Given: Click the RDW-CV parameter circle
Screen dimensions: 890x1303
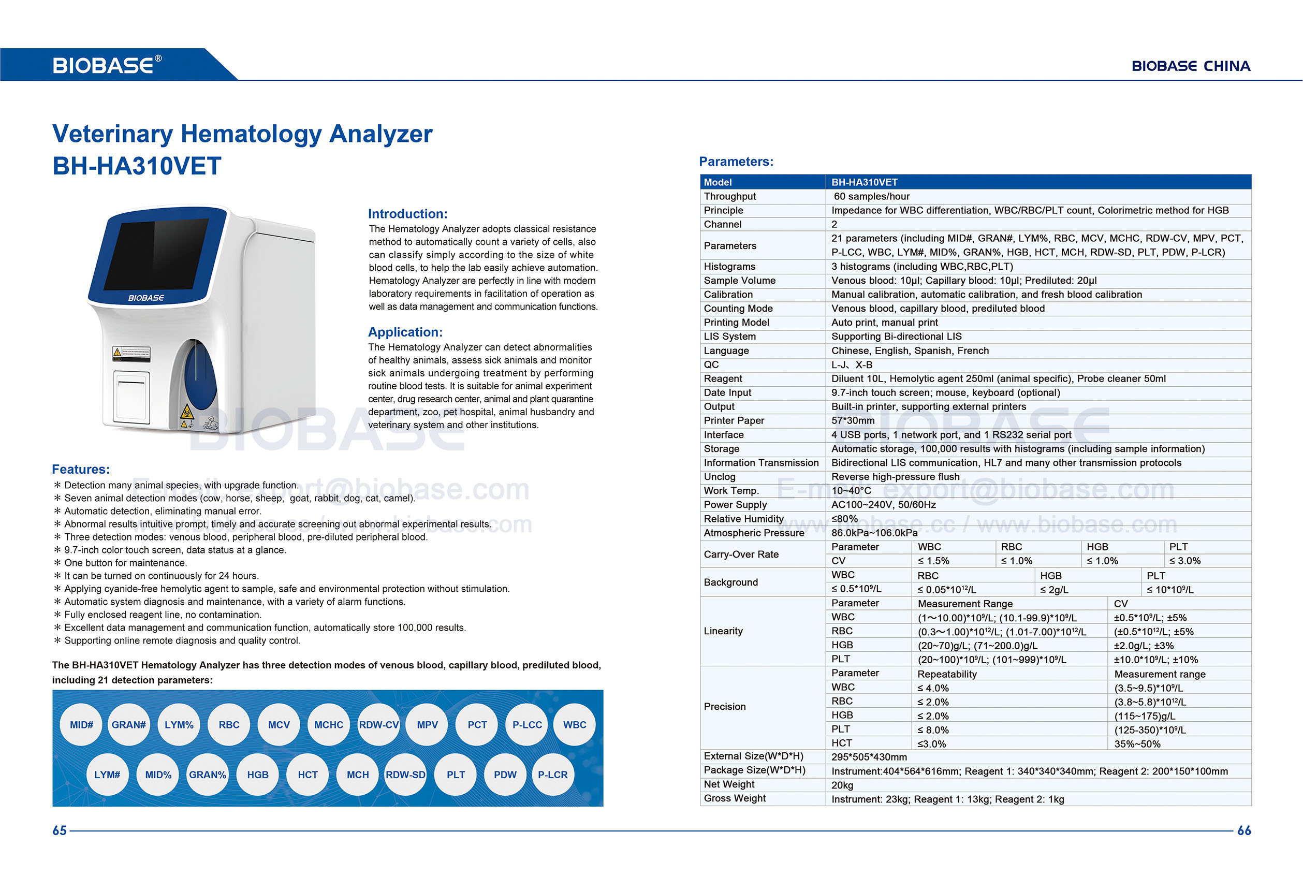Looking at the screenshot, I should (x=378, y=724).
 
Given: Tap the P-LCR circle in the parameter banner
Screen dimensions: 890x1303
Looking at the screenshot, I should (x=552, y=775).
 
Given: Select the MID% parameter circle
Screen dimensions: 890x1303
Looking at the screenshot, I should (x=158, y=775).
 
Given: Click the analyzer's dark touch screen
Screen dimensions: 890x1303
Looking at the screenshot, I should (x=156, y=254).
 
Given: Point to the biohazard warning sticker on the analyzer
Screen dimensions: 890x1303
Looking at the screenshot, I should (x=186, y=413).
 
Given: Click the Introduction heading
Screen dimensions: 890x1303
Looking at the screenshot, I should (x=407, y=214).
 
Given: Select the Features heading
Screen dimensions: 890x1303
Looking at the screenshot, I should (x=81, y=470).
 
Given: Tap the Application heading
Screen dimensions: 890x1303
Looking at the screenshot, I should (x=405, y=332).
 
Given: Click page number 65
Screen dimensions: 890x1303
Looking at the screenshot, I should (x=60, y=830).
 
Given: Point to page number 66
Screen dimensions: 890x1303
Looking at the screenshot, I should (x=1243, y=830).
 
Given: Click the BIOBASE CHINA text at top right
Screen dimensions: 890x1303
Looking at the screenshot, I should (x=1191, y=66).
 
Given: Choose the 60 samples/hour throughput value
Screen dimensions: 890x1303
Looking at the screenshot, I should (x=871, y=196).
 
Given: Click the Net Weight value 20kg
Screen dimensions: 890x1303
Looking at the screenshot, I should (x=842, y=785).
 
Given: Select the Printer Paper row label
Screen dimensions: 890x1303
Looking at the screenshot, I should (x=734, y=420).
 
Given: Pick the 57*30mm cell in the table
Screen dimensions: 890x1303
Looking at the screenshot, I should (x=853, y=420).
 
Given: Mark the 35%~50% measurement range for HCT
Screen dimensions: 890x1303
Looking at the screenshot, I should (x=1137, y=744).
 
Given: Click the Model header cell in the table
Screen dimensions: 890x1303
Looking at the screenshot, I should (x=718, y=182).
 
